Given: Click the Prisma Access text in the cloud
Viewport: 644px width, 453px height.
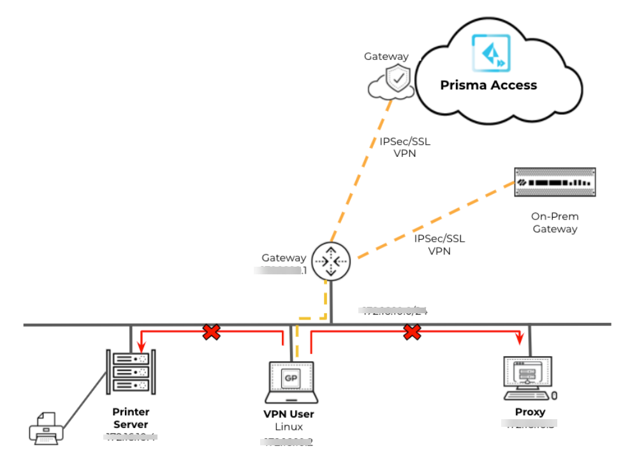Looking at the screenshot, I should pos(489,85).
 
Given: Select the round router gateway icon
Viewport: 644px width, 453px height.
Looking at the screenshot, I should pos(332,260).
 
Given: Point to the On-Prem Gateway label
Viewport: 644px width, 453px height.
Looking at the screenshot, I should pos(555,223).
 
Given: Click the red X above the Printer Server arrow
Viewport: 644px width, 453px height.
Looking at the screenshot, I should pos(211,332).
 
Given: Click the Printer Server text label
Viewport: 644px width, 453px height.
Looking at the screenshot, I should pos(131,418).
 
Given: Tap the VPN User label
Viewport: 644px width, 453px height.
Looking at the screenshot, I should pos(289,414).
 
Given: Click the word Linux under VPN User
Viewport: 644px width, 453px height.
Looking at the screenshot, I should pos(289,426).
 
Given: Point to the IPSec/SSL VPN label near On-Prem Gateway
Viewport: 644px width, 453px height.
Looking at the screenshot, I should pos(439,245).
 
